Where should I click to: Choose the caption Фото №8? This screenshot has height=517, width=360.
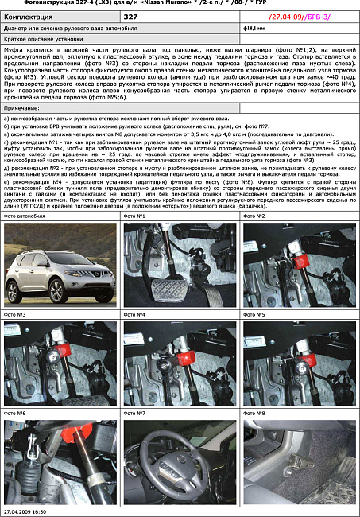tap(257, 414)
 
